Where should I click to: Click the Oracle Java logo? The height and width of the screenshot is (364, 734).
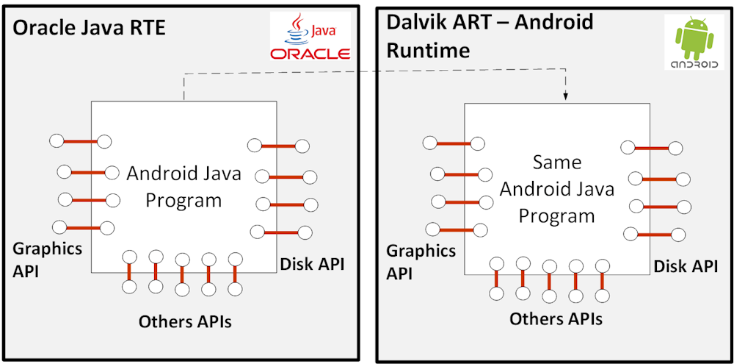310,37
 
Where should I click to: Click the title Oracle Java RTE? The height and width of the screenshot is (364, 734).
90,29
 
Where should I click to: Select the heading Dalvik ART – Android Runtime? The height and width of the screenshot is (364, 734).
490,35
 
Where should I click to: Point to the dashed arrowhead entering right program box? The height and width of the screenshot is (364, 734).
565,96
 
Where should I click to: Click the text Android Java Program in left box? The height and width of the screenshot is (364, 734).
183,187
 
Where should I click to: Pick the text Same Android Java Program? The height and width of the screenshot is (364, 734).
556,189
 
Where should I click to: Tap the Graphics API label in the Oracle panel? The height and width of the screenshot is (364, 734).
48,259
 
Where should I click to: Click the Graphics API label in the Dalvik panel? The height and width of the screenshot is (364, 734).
421,262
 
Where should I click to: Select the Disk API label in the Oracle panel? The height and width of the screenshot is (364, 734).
312,263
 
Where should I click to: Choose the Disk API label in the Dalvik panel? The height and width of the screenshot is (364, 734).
686,266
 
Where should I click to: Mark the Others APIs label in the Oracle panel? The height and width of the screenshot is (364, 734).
185,321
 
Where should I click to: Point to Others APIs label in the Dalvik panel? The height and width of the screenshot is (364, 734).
556,318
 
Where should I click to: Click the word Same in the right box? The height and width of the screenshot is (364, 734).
556,162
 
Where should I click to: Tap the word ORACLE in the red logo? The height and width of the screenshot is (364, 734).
310,54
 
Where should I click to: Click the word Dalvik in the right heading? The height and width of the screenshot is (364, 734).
415,22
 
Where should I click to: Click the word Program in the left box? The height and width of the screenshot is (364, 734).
183,200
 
